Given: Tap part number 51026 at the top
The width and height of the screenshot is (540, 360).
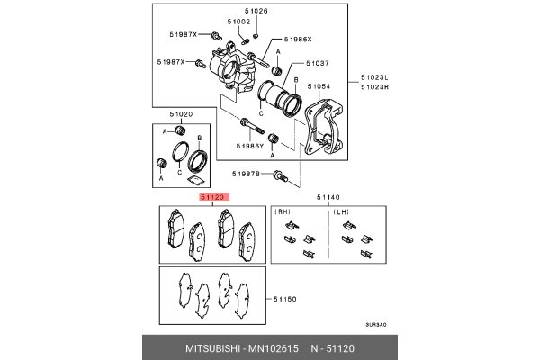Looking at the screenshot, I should [259, 11].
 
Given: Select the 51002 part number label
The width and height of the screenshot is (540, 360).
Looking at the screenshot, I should [238, 21].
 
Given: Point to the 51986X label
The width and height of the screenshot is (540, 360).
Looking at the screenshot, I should [297, 40].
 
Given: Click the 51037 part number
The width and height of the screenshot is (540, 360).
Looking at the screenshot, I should [318, 64].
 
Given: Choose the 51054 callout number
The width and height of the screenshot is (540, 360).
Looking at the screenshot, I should [319, 86].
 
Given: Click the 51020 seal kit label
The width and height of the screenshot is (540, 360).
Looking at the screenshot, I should [180, 114].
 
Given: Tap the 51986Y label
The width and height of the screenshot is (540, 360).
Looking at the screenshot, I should [250, 146].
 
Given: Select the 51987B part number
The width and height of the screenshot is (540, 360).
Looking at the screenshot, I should [247, 173].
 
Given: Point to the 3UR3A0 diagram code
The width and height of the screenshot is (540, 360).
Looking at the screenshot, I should [375, 325].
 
